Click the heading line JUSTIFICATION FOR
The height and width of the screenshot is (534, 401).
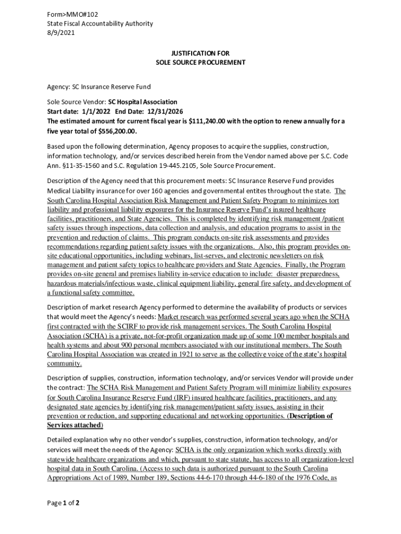200,53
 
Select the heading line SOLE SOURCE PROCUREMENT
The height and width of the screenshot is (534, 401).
200,62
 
